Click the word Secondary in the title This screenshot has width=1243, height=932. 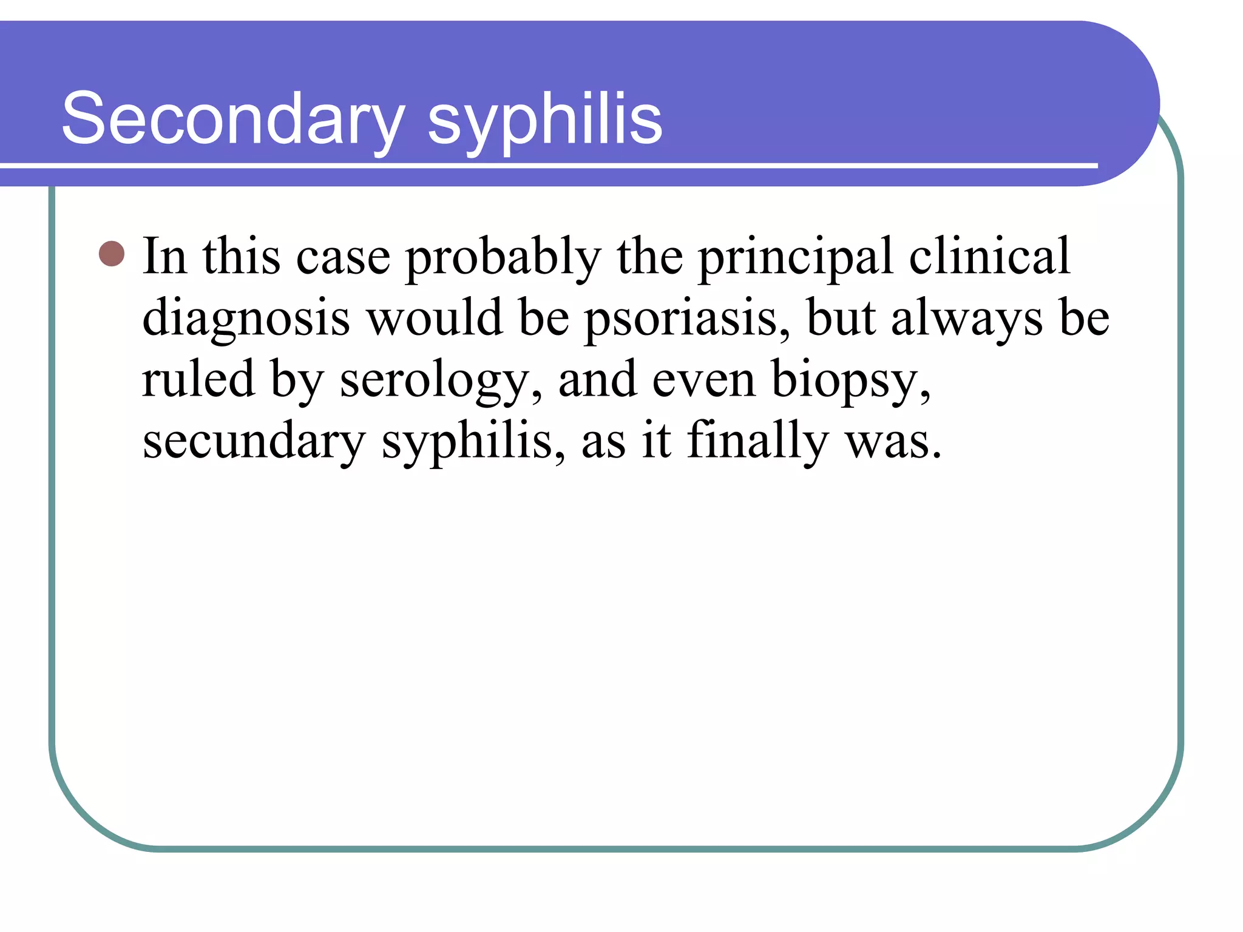pos(233,118)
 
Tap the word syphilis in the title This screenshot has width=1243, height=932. pos(544,118)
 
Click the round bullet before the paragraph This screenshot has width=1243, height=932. pos(112,254)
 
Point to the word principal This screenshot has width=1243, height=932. pos(795,257)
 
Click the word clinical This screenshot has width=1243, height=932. pos(989,256)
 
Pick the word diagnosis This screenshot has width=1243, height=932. pos(246,319)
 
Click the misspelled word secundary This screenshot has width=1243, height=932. pos(254,442)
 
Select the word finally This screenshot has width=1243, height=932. pos(757,442)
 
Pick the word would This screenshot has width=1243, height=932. pos(435,318)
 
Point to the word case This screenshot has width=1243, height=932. pos(343,257)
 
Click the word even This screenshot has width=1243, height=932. pos(704,380)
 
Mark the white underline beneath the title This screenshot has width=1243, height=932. pos(546,166)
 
